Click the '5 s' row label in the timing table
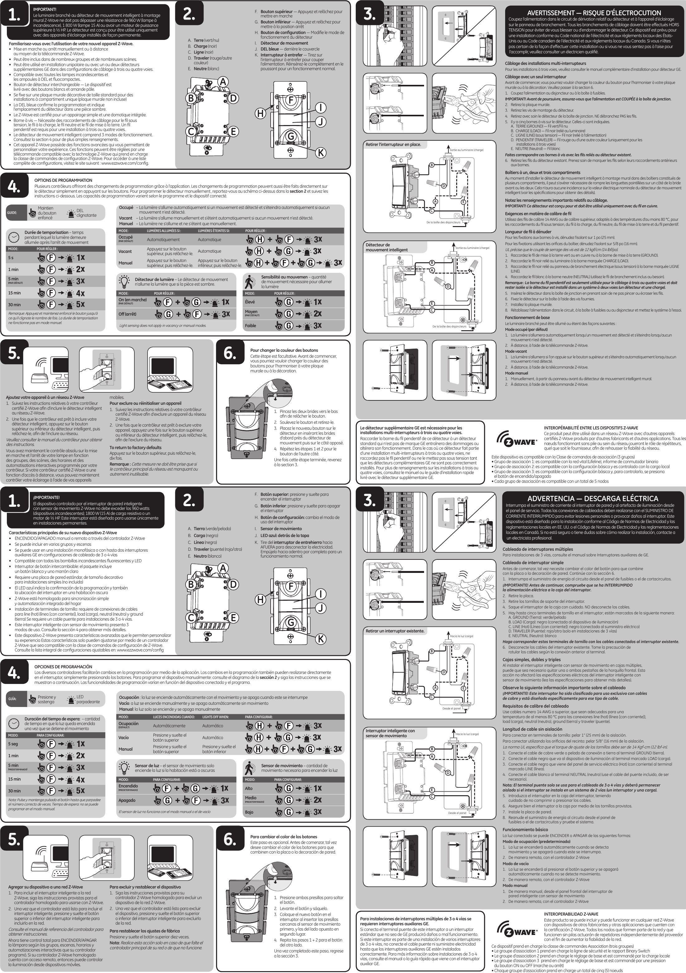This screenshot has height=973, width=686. click(x=11, y=258)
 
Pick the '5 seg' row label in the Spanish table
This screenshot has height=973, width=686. click(x=13, y=744)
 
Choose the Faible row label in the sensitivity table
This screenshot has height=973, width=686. click(x=250, y=326)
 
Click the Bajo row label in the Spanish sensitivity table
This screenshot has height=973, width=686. click(x=249, y=812)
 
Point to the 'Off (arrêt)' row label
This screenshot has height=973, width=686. click(x=127, y=314)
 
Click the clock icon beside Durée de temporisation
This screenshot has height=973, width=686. click(x=14, y=236)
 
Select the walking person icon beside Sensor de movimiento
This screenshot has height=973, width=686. click(x=250, y=768)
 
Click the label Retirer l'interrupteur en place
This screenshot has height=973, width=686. click(x=393, y=144)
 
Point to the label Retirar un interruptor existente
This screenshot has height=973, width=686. click(x=395, y=631)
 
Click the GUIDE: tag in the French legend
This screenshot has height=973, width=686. click(x=12, y=213)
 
